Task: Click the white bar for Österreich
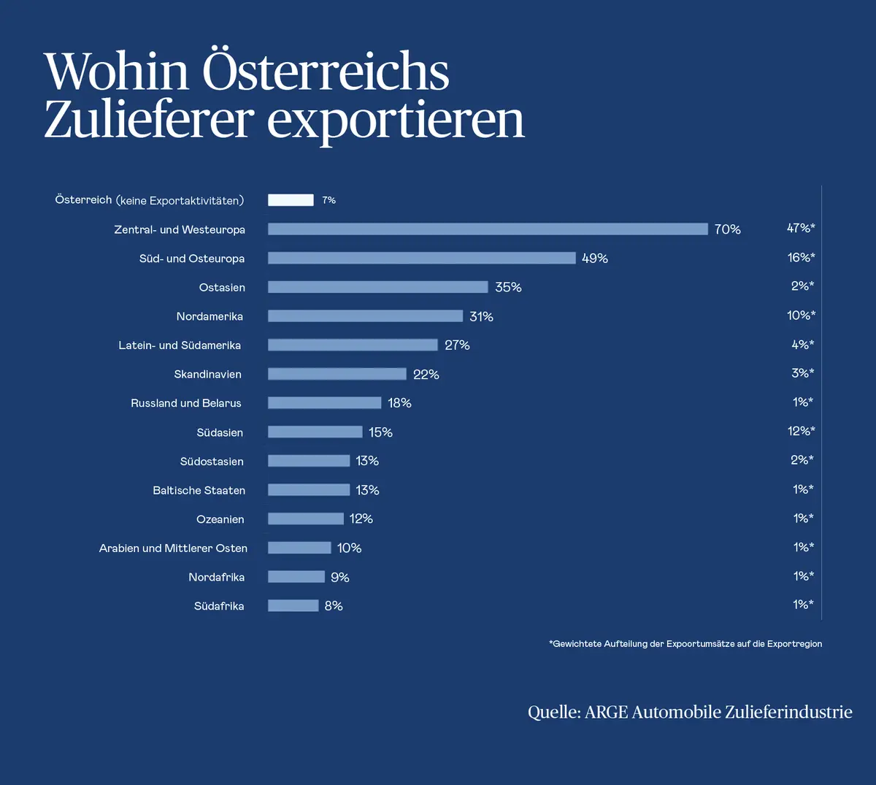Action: (291, 200)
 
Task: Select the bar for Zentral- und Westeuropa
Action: (488, 229)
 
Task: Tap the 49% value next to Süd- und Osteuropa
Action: (595, 259)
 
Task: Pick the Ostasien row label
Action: (222, 288)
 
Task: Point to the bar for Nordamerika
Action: (365, 316)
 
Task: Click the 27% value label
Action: (457, 345)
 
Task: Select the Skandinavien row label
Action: (207, 375)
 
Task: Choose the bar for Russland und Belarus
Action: (324, 403)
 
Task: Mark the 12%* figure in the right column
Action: (801, 432)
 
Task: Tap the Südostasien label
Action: (212, 462)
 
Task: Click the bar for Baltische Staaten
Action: (309, 490)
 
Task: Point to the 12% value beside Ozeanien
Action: (361, 519)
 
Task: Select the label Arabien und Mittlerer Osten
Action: (173, 548)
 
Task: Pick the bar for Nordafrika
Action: (296, 577)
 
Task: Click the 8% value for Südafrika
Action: (334, 606)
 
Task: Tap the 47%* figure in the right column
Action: (800, 229)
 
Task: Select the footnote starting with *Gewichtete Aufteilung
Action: (685, 644)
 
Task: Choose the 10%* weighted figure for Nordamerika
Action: (801, 315)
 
